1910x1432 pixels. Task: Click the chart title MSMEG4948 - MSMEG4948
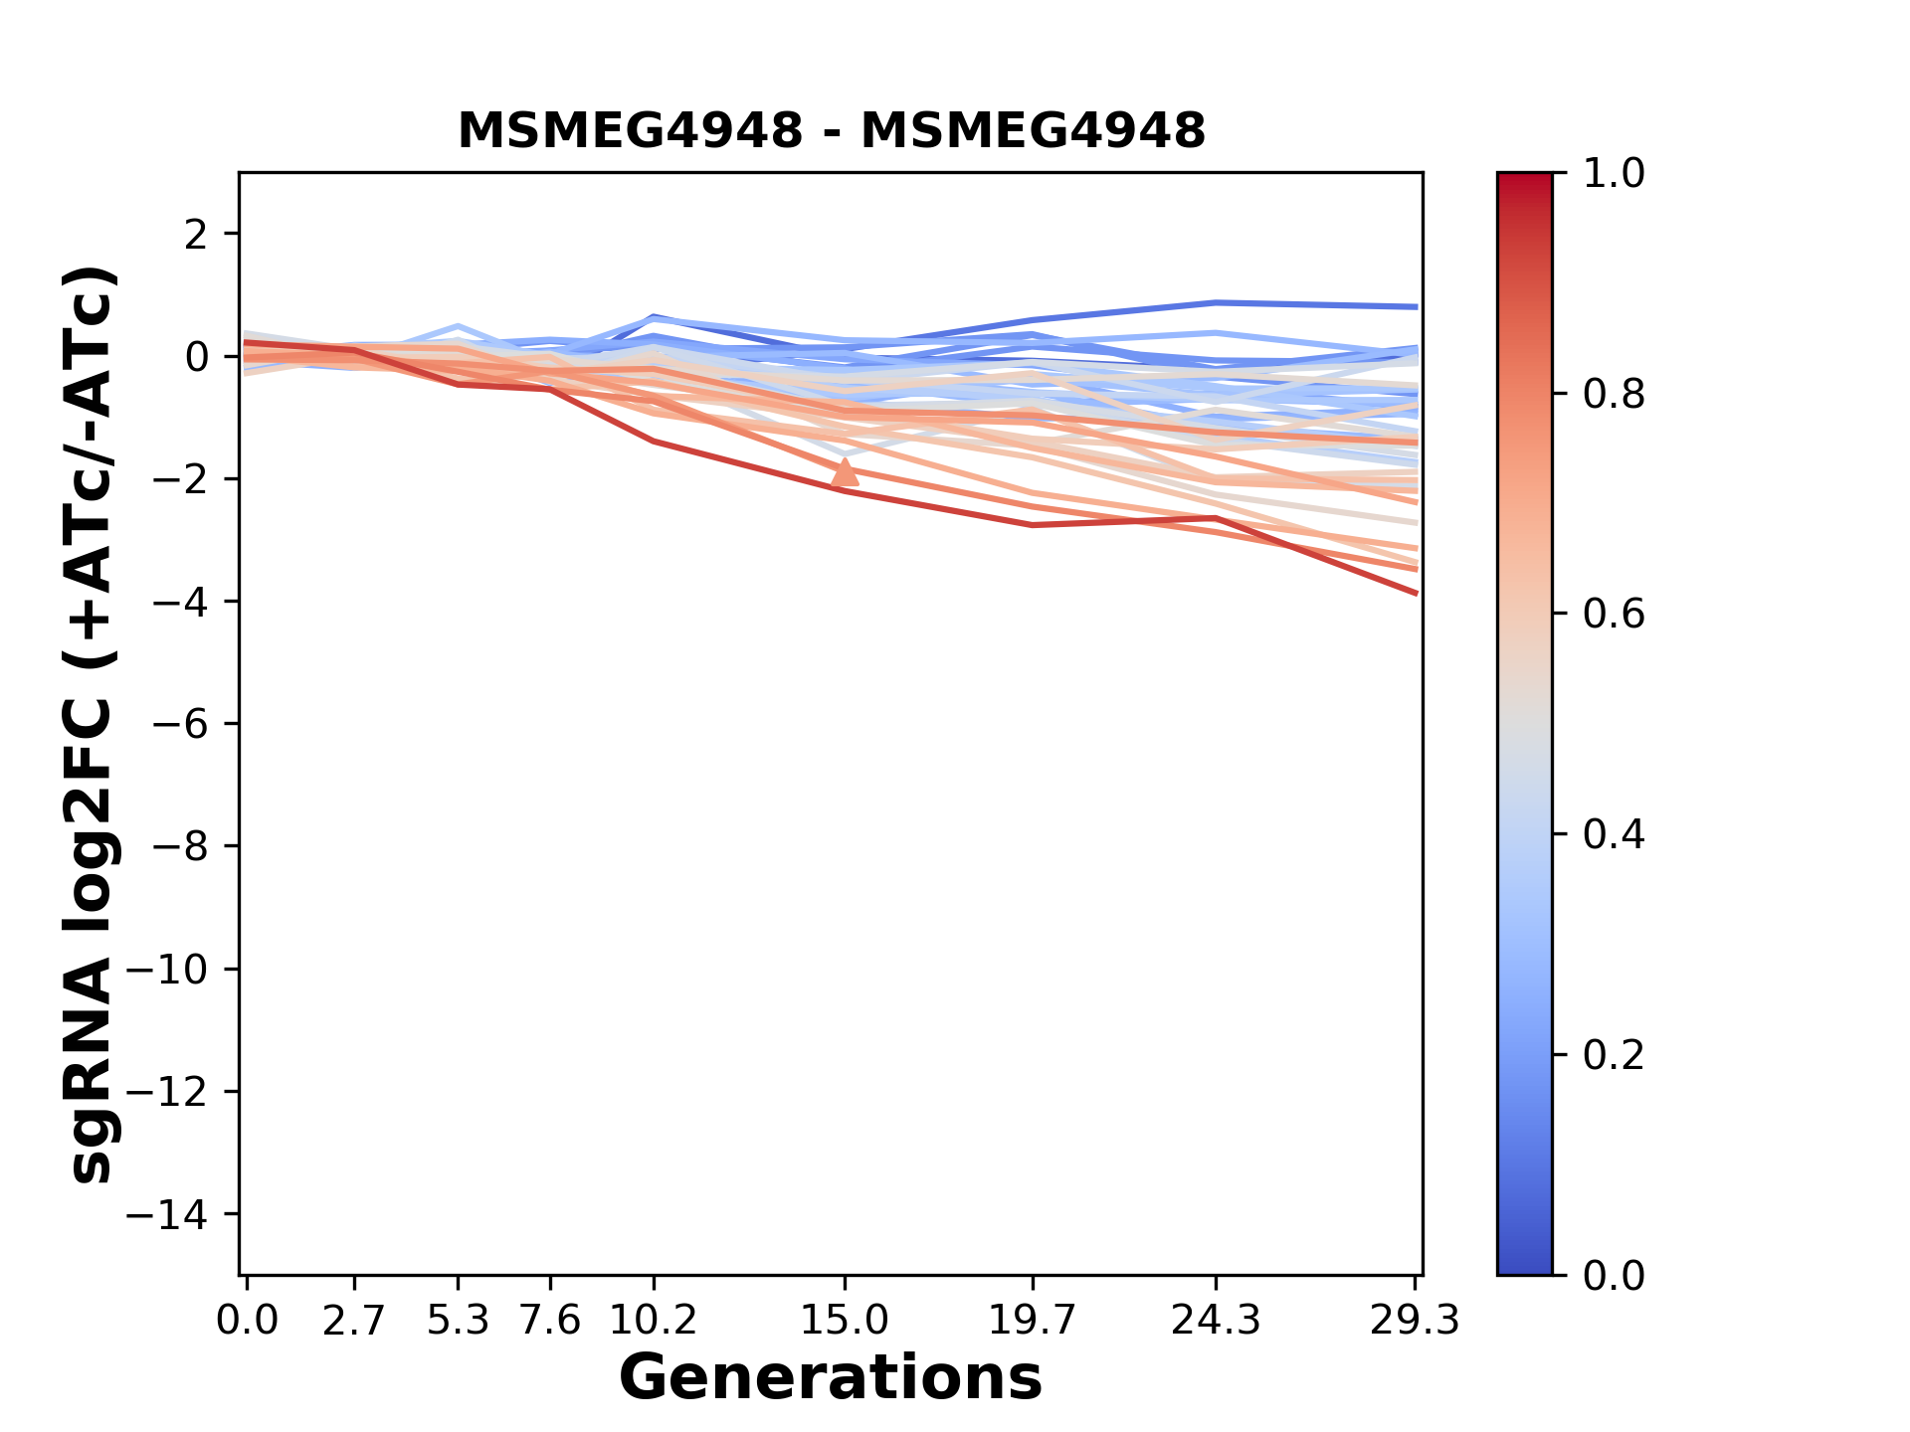832,131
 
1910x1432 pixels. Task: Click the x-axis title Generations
831,1378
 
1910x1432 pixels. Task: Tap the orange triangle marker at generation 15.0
845,473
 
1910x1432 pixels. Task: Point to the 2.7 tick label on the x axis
354,1321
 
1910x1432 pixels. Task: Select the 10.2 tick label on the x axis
653,1321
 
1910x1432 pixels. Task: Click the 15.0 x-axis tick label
845,1321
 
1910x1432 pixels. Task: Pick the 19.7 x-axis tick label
1033,1321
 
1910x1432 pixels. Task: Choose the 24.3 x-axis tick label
1216,1321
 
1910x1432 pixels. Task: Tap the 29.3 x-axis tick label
1415,1321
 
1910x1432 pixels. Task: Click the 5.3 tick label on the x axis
458,1321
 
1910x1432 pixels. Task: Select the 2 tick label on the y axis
196,235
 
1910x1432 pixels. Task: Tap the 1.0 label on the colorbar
1614,174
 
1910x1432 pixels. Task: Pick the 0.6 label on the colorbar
1614,615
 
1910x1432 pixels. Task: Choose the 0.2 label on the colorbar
1614,1054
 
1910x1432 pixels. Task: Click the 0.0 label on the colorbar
1614,1275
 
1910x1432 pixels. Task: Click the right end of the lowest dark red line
1416,593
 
